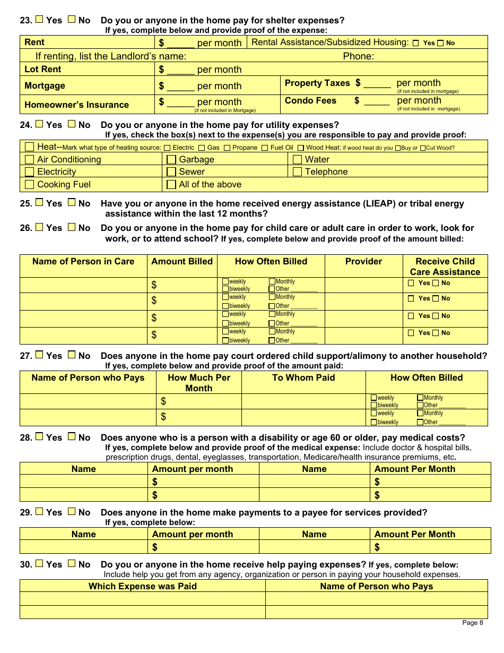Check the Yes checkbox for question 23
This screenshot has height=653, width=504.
click(39, 20)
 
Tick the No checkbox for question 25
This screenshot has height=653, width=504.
click(72, 203)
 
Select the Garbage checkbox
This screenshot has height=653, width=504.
click(171, 159)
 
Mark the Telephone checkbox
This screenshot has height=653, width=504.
click(297, 171)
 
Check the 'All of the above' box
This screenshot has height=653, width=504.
click(171, 184)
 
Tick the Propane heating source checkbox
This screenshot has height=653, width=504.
click(227, 148)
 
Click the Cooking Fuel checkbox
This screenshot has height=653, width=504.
click(30, 184)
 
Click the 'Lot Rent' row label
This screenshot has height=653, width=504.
click(42, 69)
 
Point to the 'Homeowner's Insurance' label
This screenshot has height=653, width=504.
click(76, 105)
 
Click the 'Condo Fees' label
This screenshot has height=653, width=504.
click(310, 100)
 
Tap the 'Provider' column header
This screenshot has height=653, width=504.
click(363, 261)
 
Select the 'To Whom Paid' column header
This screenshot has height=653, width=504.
click(303, 377)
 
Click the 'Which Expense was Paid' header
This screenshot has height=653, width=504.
click(142, 586)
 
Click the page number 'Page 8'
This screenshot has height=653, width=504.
click(472, 623)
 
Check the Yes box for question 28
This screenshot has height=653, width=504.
click(39, 437)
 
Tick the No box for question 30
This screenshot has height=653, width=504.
click(72, 564)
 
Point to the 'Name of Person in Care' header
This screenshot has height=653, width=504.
click(83, 261)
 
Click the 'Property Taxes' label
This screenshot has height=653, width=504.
click(317, 83)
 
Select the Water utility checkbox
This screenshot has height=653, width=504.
click(297, 159)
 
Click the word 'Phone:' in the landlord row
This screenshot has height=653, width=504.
click(358, 56)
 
